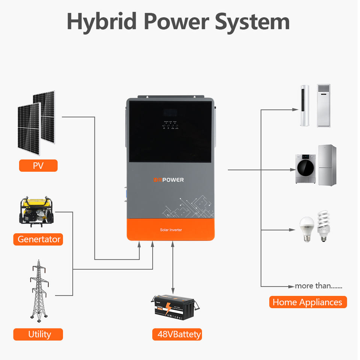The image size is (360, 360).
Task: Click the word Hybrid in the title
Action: click(x=102, y=22)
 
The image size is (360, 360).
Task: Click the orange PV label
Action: click(x=38, y=165)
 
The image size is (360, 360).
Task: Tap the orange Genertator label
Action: click(x=38, y=239)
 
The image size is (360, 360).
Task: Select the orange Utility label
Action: click(x=38, y=334)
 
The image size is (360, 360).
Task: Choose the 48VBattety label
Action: click(x=177, y=334)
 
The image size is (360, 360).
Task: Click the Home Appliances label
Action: click(x=307, y=302)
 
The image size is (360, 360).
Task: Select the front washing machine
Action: click(x=306, y=168)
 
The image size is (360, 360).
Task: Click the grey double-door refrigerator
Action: click(x=327, y=165)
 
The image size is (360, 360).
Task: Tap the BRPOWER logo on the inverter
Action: click(x=168, y=180)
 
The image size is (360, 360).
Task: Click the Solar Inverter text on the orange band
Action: click(x=171, y=229)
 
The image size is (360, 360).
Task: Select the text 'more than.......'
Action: click(x=318, y=286)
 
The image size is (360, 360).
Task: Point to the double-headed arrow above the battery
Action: click(x=172, y=267)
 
